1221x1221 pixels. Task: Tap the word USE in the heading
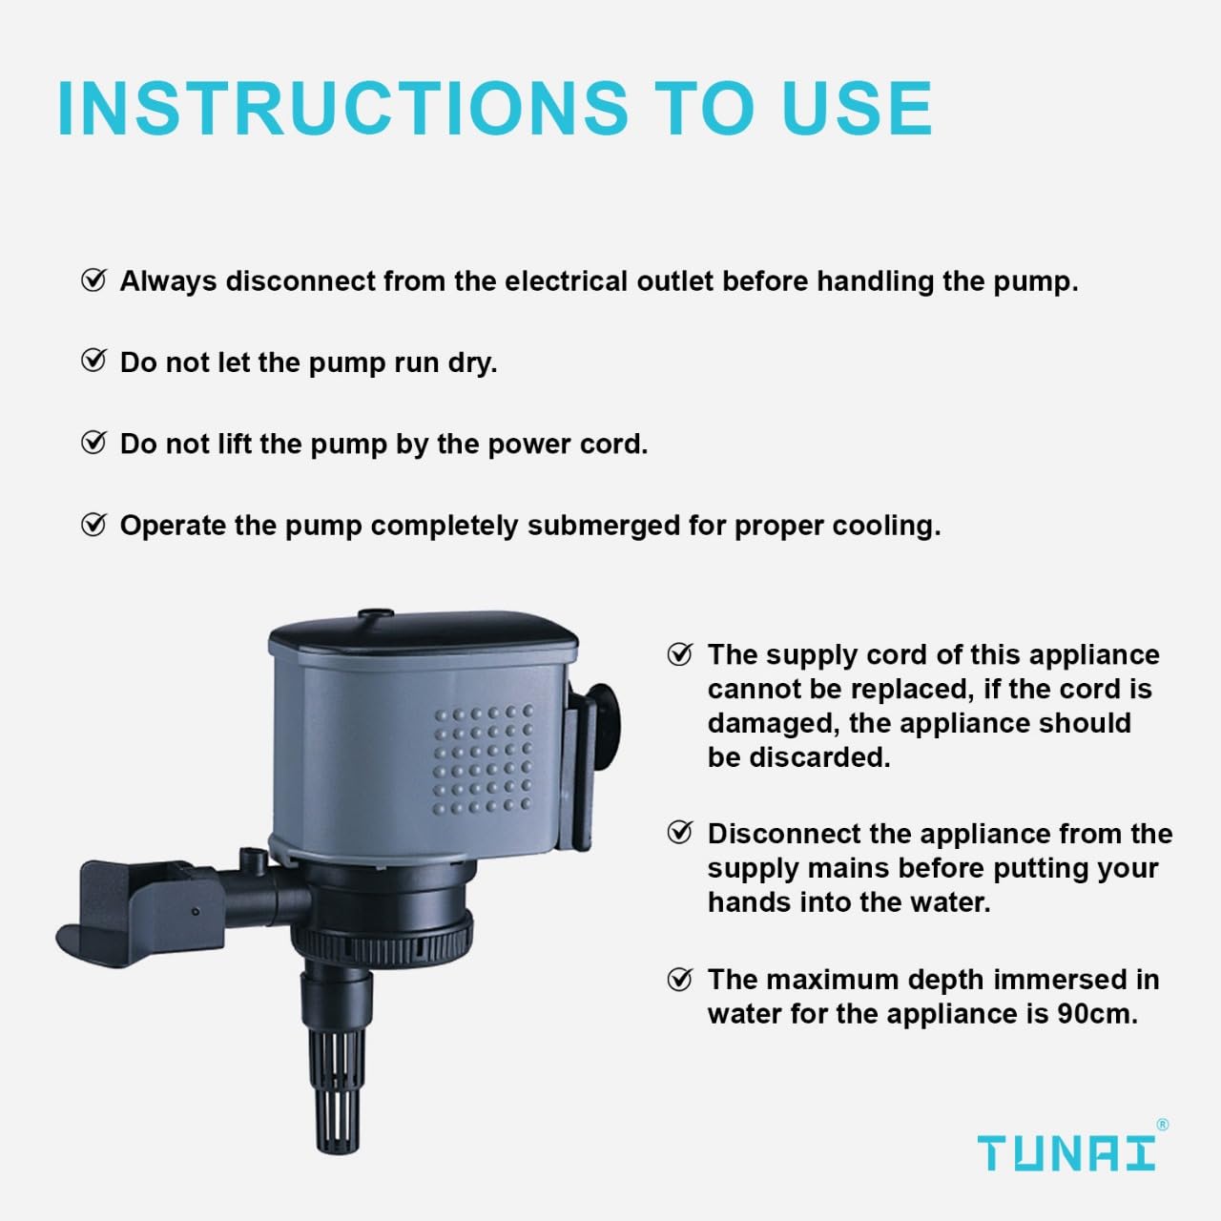tap(856, 107)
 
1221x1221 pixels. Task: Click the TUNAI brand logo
tap(1066, 1153)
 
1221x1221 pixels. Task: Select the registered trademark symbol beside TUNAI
tap(1162, 1126)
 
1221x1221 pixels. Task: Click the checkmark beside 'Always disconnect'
tap(93, 280)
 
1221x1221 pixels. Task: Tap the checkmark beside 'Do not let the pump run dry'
tap(93, 361)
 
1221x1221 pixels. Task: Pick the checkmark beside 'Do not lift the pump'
tap(93, 443)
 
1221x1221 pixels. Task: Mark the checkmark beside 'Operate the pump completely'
tap(93, 525)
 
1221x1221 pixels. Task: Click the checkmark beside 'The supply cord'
tap(679, 654)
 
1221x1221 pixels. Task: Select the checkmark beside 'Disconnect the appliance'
tap(679, 833)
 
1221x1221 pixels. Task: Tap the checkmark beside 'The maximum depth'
tap(679, 979)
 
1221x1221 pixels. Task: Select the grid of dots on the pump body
tap(483, 759)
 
